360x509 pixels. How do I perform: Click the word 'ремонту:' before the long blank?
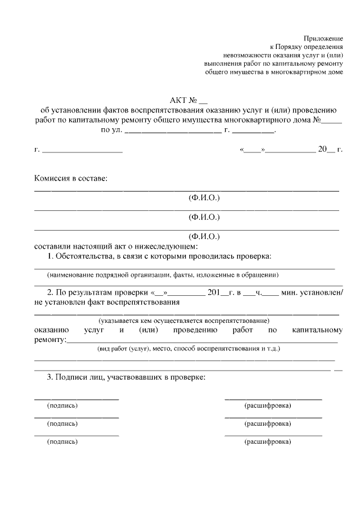pyautogui.click(x=50, y=339)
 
